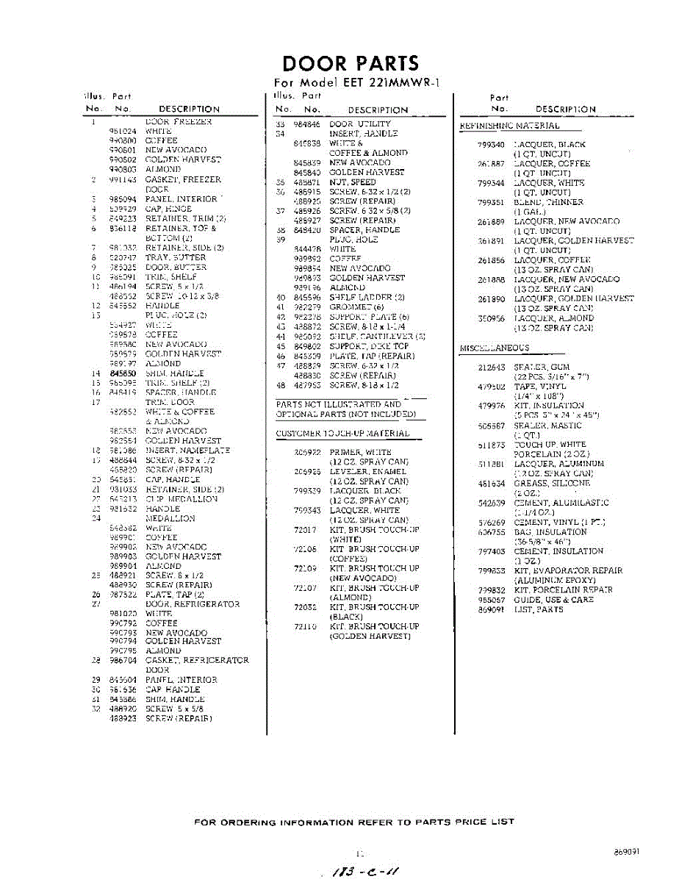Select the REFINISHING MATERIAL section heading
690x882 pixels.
pos(508,126)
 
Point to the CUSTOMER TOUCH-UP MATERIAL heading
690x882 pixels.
pos(342,434)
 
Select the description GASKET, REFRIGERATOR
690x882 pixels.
pos(197,661)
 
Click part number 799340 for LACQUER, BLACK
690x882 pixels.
pos(490,145)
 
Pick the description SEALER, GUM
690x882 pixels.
pos(542,367)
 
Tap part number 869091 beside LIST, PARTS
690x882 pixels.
pos(490,609)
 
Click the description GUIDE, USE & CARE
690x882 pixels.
pos(553,600)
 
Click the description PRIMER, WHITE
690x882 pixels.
pos(360,453)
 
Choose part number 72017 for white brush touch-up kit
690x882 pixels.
pos(304,530)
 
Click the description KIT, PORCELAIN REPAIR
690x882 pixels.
pos(564,590)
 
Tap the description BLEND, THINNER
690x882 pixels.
pos(548,202)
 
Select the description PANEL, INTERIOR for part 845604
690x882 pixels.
pos(181,681)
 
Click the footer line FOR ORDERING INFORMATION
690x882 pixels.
pos(354,822)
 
